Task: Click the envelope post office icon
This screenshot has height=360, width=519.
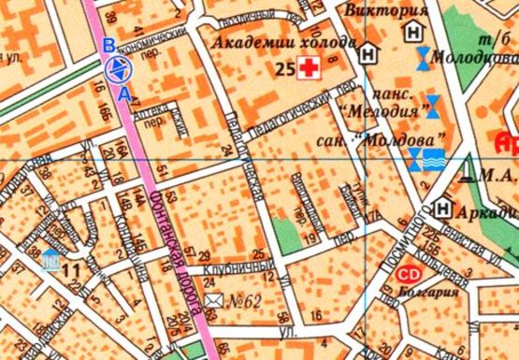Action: [x=214, y=300]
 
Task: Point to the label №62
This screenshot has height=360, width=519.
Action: [x=245, y=301]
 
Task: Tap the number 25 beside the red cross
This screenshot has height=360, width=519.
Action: [x=285, y=68]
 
